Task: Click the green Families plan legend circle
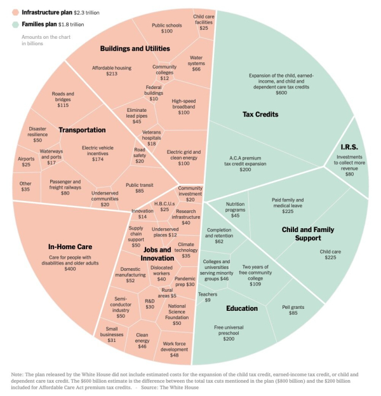15,24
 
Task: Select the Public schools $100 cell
166,28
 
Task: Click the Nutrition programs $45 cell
235,209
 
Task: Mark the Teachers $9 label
206,296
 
